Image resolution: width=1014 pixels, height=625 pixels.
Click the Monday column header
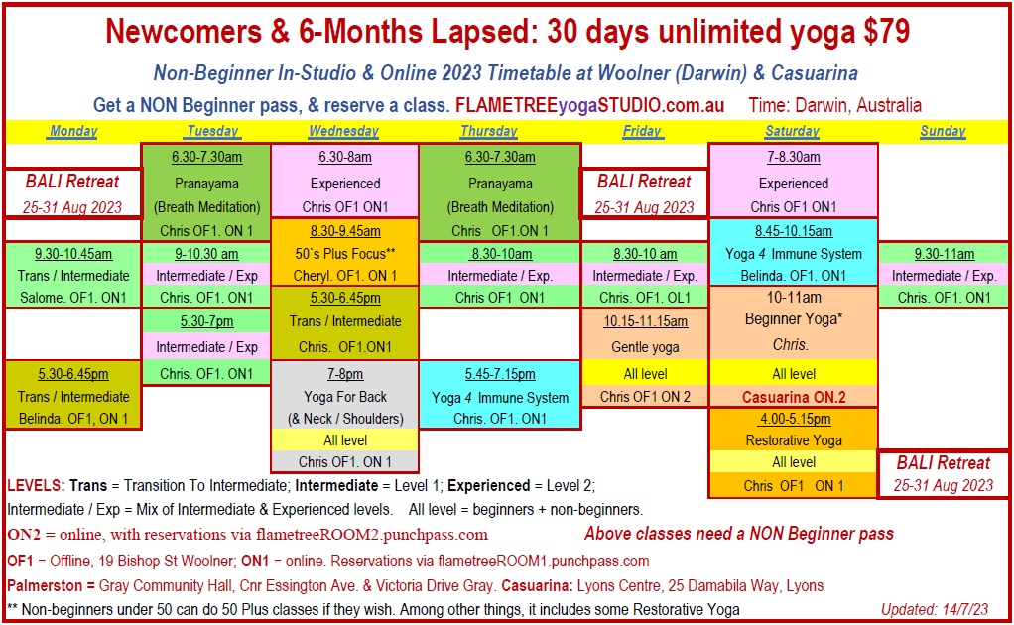73,131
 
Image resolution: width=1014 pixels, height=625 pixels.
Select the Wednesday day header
343,131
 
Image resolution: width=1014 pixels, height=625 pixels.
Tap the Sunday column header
943,131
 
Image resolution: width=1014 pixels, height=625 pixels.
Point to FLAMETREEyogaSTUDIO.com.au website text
589,105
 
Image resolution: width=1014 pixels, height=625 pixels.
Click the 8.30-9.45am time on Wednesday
344,231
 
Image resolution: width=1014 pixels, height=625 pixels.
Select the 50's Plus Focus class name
345,253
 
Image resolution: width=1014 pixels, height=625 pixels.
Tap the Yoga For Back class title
344,397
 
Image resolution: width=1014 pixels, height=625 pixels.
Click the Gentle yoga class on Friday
644,347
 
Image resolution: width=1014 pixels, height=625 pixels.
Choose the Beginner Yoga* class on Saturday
793,318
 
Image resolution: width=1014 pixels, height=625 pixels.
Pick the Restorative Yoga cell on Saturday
793,439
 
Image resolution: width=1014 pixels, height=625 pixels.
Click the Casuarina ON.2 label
793,397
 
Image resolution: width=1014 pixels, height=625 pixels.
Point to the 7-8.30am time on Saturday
793,157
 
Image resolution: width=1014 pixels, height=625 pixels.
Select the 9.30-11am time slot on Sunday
943,254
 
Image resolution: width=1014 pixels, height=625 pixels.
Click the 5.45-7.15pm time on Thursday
499,374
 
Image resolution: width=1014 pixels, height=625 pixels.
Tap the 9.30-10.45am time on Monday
73,254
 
